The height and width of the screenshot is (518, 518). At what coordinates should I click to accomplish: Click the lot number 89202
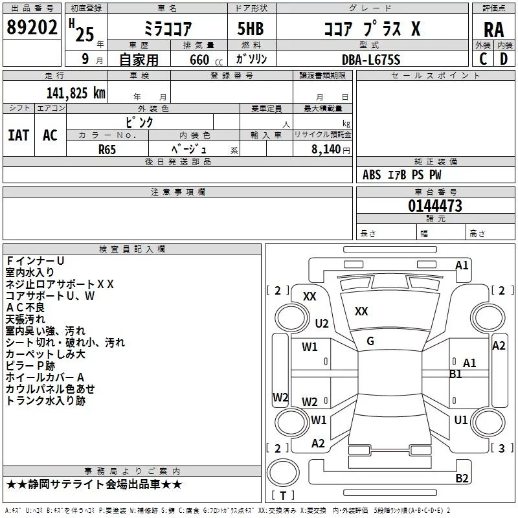pos(31,28)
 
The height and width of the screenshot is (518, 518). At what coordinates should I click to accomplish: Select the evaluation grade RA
pos(493,29)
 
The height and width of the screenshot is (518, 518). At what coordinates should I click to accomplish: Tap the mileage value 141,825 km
pos(75,93)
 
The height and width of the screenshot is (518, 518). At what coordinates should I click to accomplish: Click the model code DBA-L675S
pos(371,60)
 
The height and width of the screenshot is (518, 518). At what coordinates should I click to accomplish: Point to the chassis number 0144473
pos(434,206)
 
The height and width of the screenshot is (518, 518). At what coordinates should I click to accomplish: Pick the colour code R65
pos(107,149)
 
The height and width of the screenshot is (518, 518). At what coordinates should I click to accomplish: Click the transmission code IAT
pos(18,135)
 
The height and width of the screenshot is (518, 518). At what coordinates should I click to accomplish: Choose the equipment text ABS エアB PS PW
pos(402,175)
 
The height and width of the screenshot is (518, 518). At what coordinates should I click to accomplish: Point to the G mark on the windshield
pos(370,341)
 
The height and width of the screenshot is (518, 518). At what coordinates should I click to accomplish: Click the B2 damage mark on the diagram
pos(462,479)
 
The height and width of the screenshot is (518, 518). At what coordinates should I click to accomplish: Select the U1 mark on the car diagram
pos(461,420)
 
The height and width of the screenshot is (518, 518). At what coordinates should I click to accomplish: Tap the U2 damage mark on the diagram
pos(322,323)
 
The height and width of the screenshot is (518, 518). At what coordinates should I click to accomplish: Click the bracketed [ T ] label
pos(282,496)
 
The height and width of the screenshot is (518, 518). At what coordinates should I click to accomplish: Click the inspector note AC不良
pos(27,307)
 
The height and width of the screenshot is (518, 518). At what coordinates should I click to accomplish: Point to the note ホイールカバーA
pos(45,377)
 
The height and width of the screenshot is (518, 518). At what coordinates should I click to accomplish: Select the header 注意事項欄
pos(177,192)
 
